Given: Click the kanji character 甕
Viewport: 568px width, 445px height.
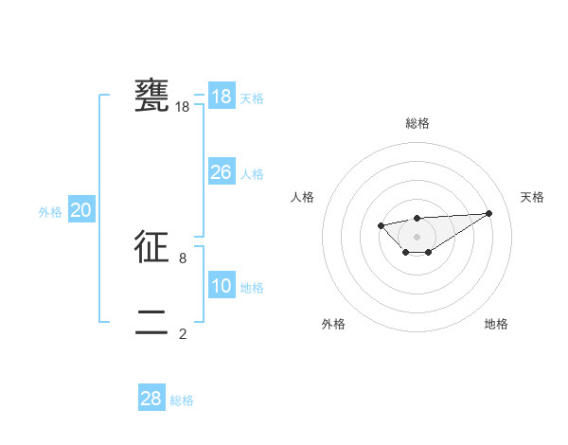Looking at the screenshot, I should (x=152, y=97).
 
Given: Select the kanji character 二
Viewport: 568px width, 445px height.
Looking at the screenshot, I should (x=152, y=322).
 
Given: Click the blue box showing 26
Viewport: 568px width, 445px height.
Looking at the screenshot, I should (x=221, y=172).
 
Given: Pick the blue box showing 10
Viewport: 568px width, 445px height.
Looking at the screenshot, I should (x=221, y=286).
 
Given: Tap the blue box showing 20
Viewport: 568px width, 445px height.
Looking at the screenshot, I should (x=80, y=210).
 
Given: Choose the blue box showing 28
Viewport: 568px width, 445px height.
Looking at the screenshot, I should (x=151, y=399).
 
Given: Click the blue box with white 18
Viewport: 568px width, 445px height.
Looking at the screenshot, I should (x=221, y=97).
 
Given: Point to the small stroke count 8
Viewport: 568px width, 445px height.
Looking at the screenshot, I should (x=183, y=258).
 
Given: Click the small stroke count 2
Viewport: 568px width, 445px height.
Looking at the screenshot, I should (x=183, y=333).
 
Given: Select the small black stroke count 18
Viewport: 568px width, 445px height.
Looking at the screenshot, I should (x=183, y=108).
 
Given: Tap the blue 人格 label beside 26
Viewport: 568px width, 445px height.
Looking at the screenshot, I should (x=252, y=174).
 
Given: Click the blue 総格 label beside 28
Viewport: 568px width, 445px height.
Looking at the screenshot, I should (x=182, y=400).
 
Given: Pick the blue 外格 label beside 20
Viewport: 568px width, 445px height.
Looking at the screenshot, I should (x=50, y=212).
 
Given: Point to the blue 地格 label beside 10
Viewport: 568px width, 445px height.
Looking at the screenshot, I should (x=252, y=288).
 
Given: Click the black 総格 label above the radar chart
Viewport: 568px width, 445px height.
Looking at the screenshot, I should (x=417, y=123).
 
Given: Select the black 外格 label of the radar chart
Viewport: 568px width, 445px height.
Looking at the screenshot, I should (x=333, y=324).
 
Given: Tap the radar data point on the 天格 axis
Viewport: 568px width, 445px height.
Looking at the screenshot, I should (x=488, y=213).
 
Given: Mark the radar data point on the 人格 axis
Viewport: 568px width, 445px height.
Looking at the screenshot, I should (x=381, y=225).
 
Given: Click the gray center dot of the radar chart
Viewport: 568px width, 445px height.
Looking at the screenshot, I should (x=417, y=237).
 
